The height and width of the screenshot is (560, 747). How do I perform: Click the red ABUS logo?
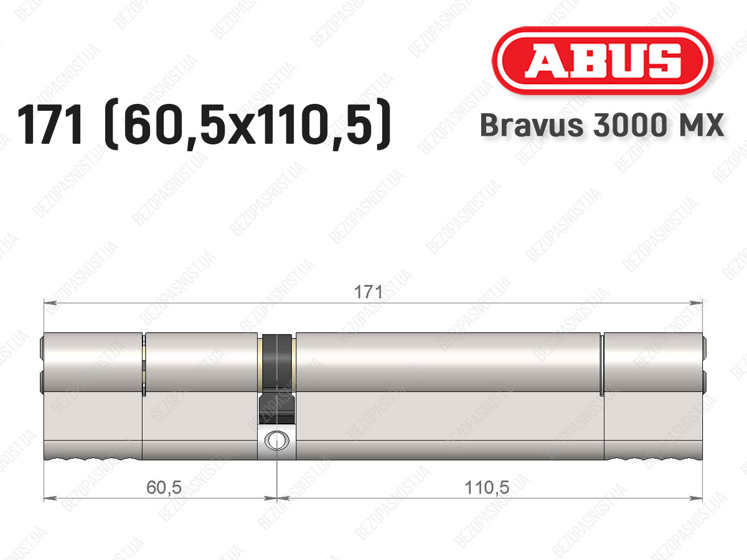[x=603, y=60]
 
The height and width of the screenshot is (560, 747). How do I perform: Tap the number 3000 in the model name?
[x=629, y=125]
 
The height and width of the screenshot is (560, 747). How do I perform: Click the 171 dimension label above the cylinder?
[x=369, y=292]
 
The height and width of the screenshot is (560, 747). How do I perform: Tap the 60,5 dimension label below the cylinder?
[x=164, y=488]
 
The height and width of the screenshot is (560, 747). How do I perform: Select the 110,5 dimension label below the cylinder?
[x=487, y=488]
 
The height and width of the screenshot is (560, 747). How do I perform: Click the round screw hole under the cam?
[x=277, y=440]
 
